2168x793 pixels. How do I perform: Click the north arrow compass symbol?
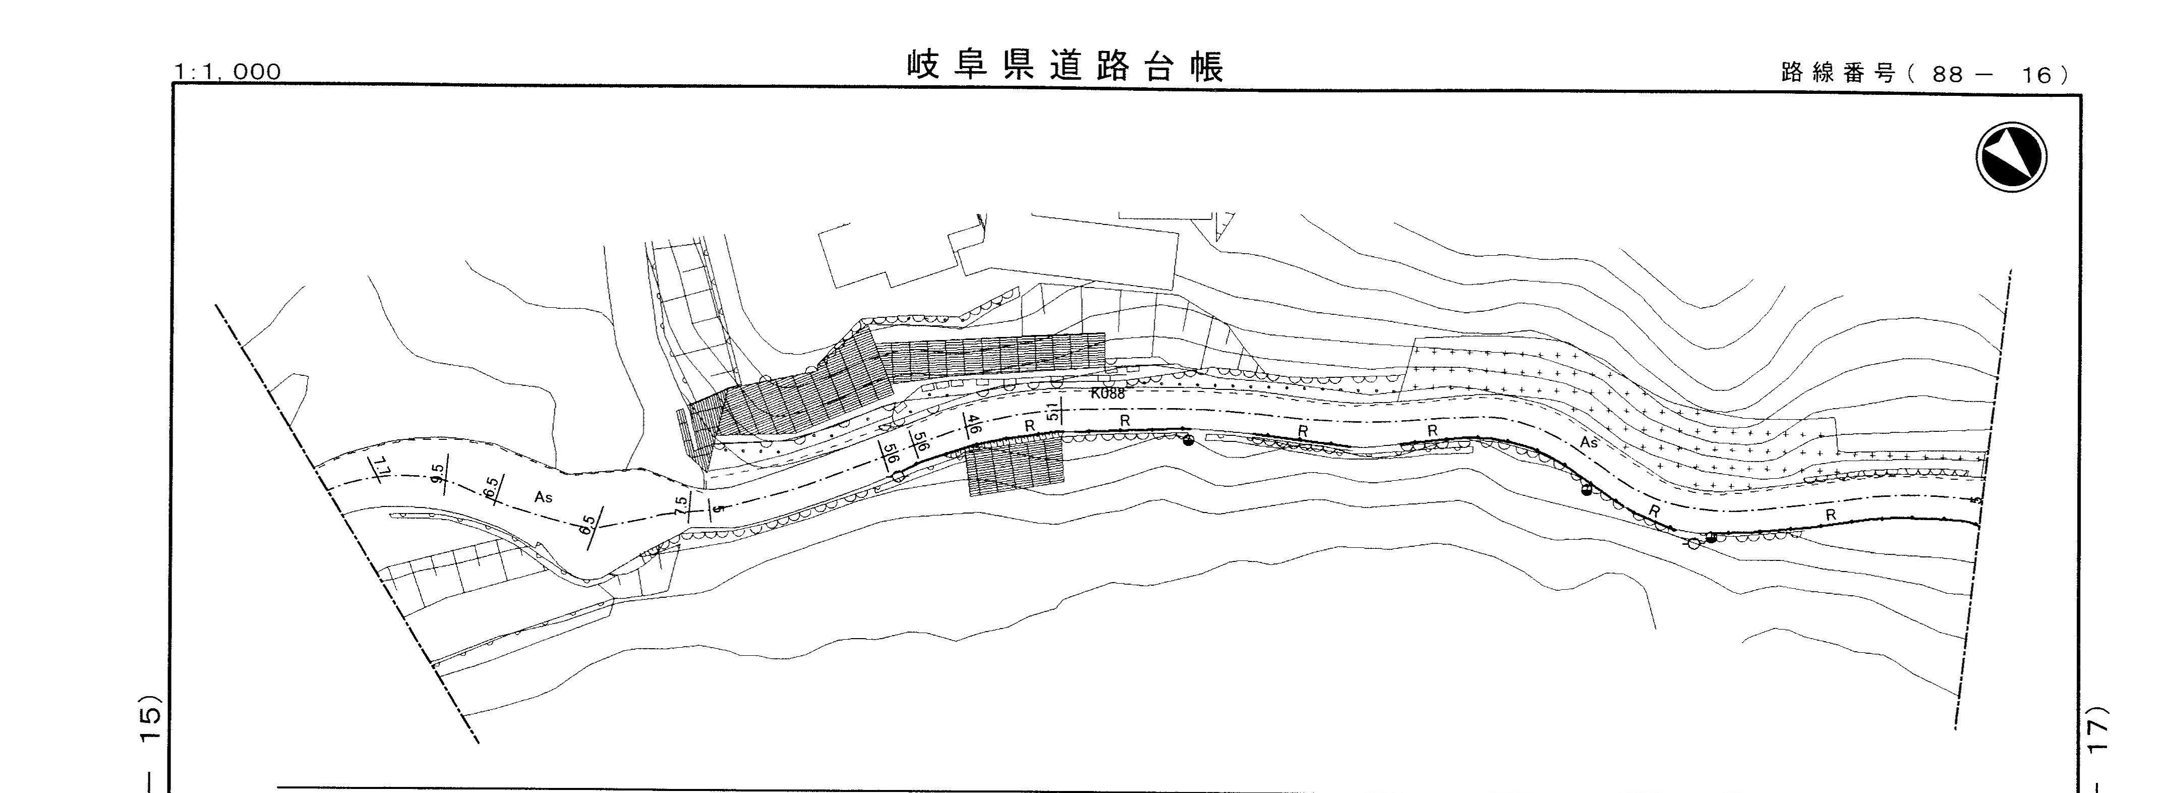click(2011, 157)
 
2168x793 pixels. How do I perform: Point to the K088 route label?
click(1107, 393)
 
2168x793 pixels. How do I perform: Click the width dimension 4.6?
click(973, 423)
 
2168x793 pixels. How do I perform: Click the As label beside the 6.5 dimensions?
click(543, 497)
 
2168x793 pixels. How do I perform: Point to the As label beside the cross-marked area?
click(1588, 443)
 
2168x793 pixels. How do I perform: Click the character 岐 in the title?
click(924, 66)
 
